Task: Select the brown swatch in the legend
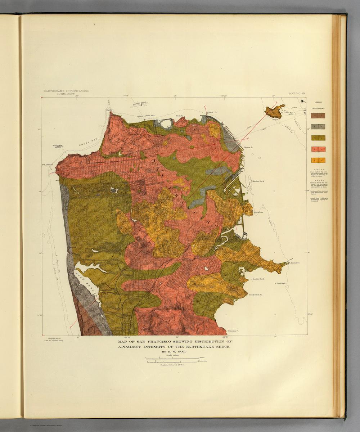click(318, 116)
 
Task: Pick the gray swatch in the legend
click(318, 126)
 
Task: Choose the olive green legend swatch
click(318, 138)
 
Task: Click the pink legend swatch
click(318, 149)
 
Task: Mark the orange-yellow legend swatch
click(318, 160)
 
